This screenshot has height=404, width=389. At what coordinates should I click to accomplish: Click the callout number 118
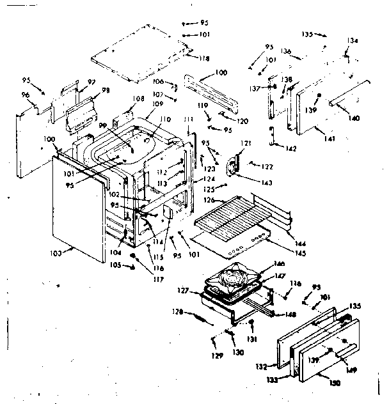(204, 59)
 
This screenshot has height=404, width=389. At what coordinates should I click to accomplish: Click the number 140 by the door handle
(354, 118)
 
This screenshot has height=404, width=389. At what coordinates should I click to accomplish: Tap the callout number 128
(179, 312)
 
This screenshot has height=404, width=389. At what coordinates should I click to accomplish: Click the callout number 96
(26, 96)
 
